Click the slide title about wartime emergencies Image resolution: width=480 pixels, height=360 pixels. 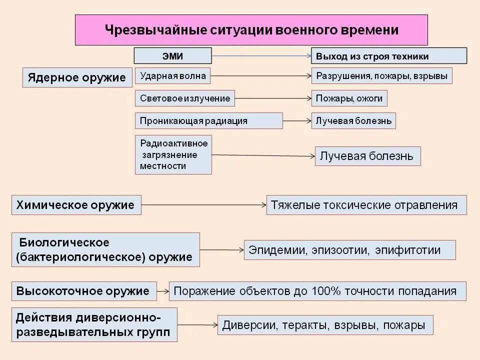(x=251, y=30)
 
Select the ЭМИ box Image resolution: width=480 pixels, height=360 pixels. (x=172, y=56)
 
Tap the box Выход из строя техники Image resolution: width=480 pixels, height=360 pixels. (x=389, y=56)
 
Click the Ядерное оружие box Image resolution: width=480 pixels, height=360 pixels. (x=77, y=77)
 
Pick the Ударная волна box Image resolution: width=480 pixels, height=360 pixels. (x=173, y=76)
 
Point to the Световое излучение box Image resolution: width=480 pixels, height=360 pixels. (x=185, y=98)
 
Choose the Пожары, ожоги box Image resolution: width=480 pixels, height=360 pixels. (x=349, y=98)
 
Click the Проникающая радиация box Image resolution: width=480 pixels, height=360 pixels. (x=208, y=121)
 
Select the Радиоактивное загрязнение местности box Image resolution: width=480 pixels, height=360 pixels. (x=173, y=154)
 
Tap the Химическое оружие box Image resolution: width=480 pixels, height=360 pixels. (x=76, y=205)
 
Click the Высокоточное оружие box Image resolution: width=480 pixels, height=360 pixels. (x=83, y=291)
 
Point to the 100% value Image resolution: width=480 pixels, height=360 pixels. (x=325, y=291)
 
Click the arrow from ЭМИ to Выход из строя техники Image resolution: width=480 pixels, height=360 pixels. (x=261, y=56)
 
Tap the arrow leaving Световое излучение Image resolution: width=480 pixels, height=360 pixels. (x=273, y=98)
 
